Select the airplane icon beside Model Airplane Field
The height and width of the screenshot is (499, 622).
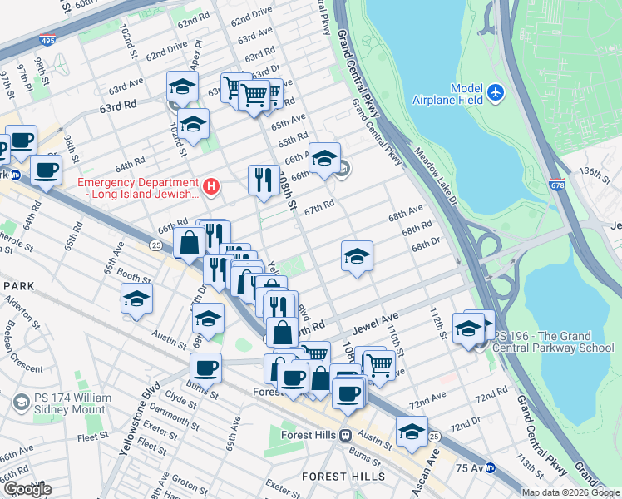496,90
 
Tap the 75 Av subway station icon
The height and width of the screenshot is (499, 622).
491,467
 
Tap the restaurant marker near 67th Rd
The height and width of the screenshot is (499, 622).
263,180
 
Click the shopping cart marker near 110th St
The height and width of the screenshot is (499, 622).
379,364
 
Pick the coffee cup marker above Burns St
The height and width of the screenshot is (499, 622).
205,367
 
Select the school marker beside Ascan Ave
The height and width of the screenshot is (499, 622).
411,431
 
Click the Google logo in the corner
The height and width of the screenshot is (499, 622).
27,489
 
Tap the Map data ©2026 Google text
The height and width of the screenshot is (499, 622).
570,492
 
